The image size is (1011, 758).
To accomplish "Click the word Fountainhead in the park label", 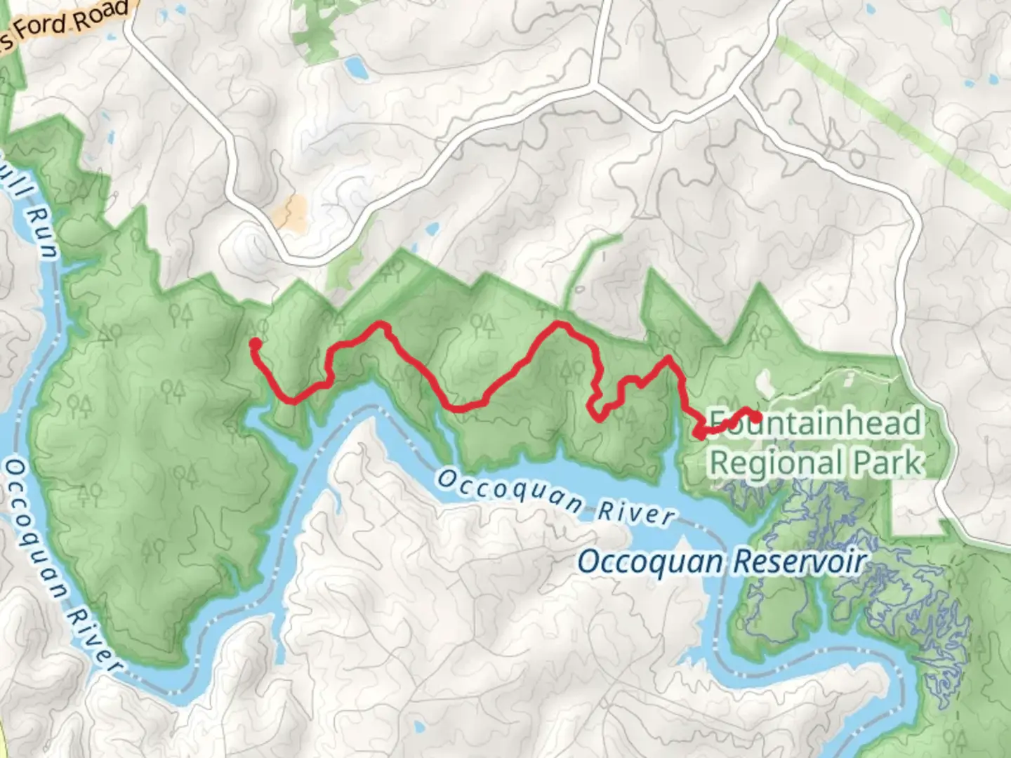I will [814, 423].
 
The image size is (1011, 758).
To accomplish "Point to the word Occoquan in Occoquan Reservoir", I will [650, 561].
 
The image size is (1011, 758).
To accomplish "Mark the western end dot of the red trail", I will [255, 343].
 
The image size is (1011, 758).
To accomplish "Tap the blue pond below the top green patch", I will [355, 67].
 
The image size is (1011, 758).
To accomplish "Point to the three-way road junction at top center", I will [594, 86].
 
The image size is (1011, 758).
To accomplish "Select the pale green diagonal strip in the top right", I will [892, 119].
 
